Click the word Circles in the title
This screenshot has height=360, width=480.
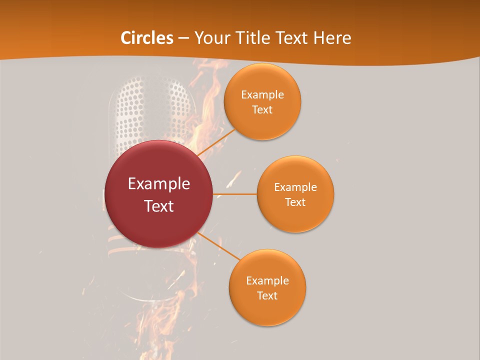tap(146, 38)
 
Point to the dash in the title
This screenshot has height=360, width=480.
tap(183, 38)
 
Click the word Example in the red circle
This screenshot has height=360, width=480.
tap(159, 184)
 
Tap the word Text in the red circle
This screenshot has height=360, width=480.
tap(159, 206)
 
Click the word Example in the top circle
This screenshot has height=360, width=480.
tap(262, 95)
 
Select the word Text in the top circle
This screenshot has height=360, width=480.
tap(262, 110)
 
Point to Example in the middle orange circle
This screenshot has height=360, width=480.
tap(295, 187)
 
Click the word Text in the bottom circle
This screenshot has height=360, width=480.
tap(267, 296)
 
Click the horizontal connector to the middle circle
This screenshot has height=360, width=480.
tap(234, 194)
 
